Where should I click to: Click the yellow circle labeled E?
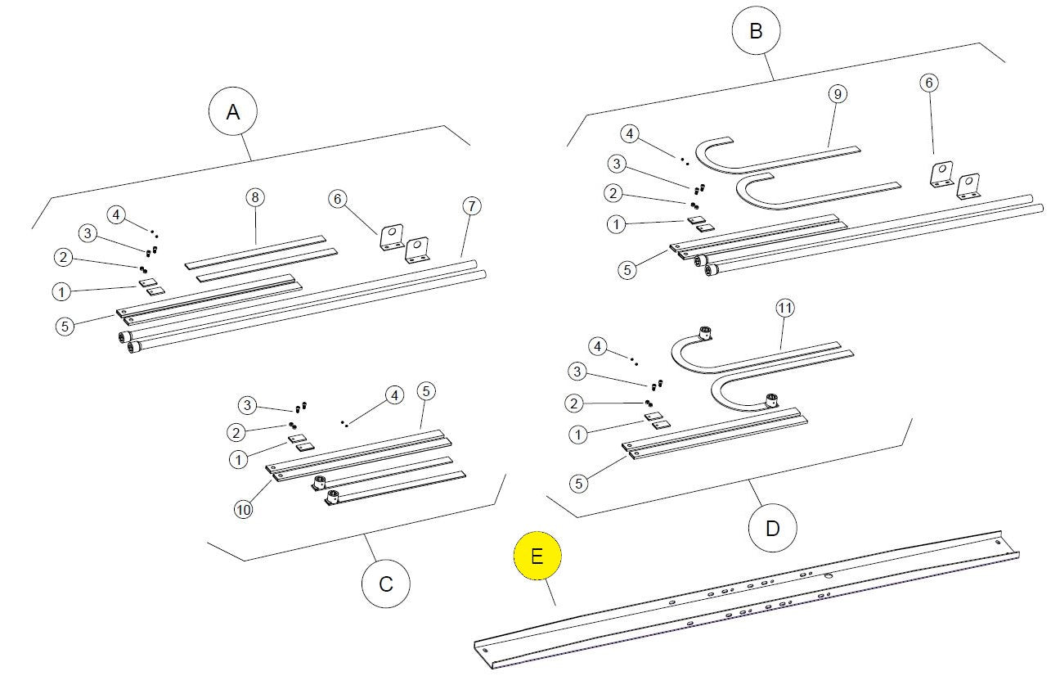(x=537, y=556)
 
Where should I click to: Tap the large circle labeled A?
(x=233, y=112)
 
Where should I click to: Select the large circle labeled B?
(x=756, y=30)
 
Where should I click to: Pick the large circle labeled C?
(x=386, y=584)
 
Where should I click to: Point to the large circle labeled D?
(x=772, y=528)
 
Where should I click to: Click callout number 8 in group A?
(x=255, y=197)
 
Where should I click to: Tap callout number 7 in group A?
(x=472, y=205)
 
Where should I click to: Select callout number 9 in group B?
(x=838, y=94)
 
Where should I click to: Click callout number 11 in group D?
(x=785, y=308)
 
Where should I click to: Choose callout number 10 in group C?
(x=243, y=509)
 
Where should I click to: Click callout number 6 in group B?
(x=929, y=83)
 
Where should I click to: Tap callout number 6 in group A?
(x=337, y=199)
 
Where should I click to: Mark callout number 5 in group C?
(x=426, y=390)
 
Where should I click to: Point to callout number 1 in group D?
(x=578, y=435)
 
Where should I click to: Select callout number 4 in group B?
(x=630, y=133)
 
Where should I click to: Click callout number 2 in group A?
(x=63, y=257)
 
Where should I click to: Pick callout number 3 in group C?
(x=247, y=405)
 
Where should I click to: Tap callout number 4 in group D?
(x=597, y=346)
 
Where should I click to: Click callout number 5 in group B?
(x=627, y=270)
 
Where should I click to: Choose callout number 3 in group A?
(x=88, y=233)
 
